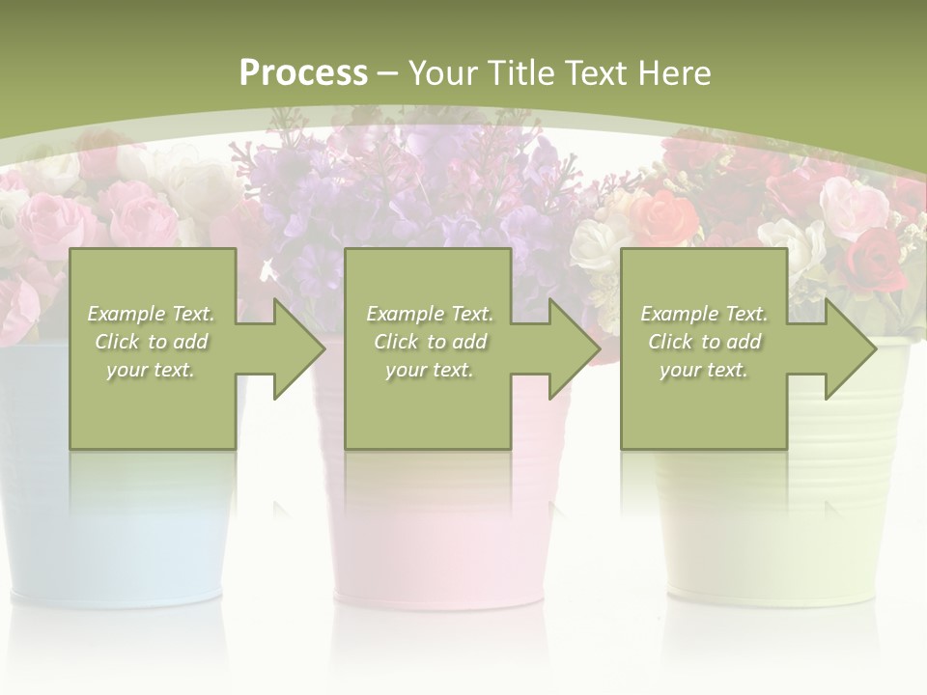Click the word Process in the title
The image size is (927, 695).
click(303, 73)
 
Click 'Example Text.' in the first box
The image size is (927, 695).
click(151, 314)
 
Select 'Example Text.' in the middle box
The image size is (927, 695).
click(430, 314)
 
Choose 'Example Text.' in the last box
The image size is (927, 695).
click(704, 314)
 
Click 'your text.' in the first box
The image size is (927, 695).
click(151, 370)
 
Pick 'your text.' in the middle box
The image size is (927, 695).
click(430, 370)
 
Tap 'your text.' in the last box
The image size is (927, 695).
click(704, 370)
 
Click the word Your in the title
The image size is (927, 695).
click(440, 73)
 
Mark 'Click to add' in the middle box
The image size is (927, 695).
click(430, 342)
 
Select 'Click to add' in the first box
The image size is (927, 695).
click(151, 342)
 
